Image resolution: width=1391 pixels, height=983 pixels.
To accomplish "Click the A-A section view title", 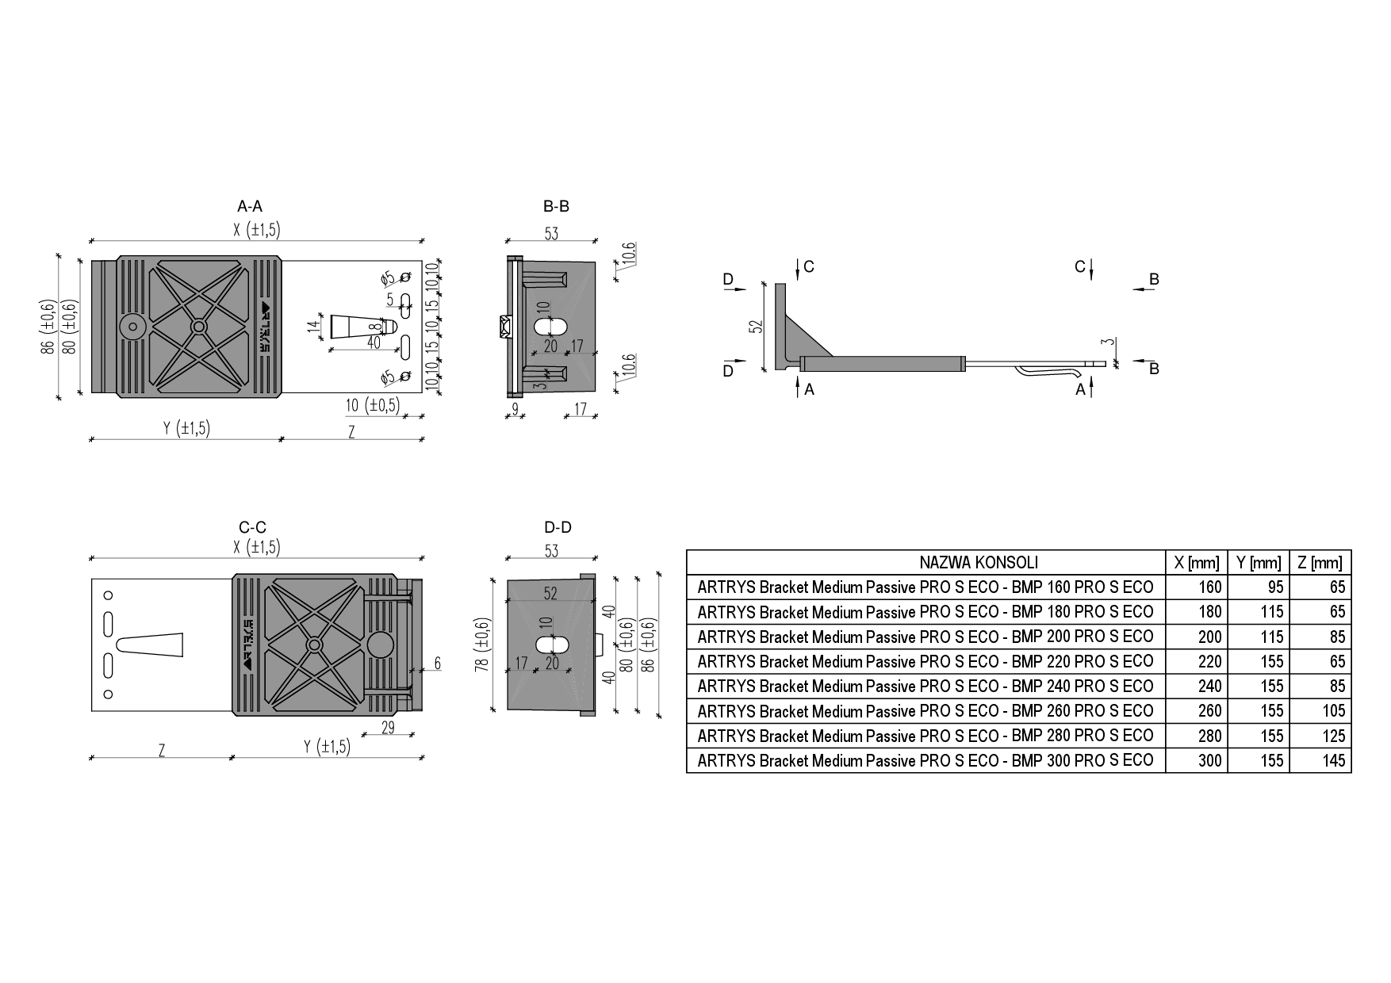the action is click(x=249, y=206).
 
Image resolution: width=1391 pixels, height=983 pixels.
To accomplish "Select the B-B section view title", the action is click(x=556, y=206).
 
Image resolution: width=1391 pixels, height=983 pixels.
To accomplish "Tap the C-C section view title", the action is click(x=252, y=527).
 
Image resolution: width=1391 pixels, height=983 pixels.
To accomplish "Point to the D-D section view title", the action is click(x=558, y=527).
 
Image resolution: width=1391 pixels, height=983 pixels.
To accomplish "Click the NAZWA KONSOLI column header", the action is click(x=979, y=563).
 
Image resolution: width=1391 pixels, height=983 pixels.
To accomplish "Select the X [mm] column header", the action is click(x=1197, y=563).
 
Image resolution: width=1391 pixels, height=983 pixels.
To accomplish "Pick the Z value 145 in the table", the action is click(x=1334, y=761).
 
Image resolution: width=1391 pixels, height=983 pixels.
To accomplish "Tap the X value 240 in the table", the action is click(x=1210, y=687).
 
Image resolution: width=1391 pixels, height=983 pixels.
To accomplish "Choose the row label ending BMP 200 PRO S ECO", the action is click(x=925, y=637).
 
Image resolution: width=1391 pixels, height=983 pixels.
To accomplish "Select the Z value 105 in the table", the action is click(x=1334, y=711).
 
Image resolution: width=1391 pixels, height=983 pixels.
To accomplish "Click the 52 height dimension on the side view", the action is click(x=756, y=325).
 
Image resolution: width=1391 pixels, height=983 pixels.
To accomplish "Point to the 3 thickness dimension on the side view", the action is click(x=1112, y=342).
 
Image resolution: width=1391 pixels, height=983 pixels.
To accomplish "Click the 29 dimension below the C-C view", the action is click(x=388, y=727).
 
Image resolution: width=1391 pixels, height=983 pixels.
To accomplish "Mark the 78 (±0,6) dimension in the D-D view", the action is click(x=481, y=645).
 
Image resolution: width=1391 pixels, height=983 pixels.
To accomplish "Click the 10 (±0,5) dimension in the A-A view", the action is click(x=373, y=405).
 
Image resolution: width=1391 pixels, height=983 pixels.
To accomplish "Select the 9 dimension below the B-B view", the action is click(x=515, y=408).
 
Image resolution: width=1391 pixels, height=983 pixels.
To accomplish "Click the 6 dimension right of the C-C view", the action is click(x=437, y=664).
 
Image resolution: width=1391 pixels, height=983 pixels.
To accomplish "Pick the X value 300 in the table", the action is click(x=1210, y=761).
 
